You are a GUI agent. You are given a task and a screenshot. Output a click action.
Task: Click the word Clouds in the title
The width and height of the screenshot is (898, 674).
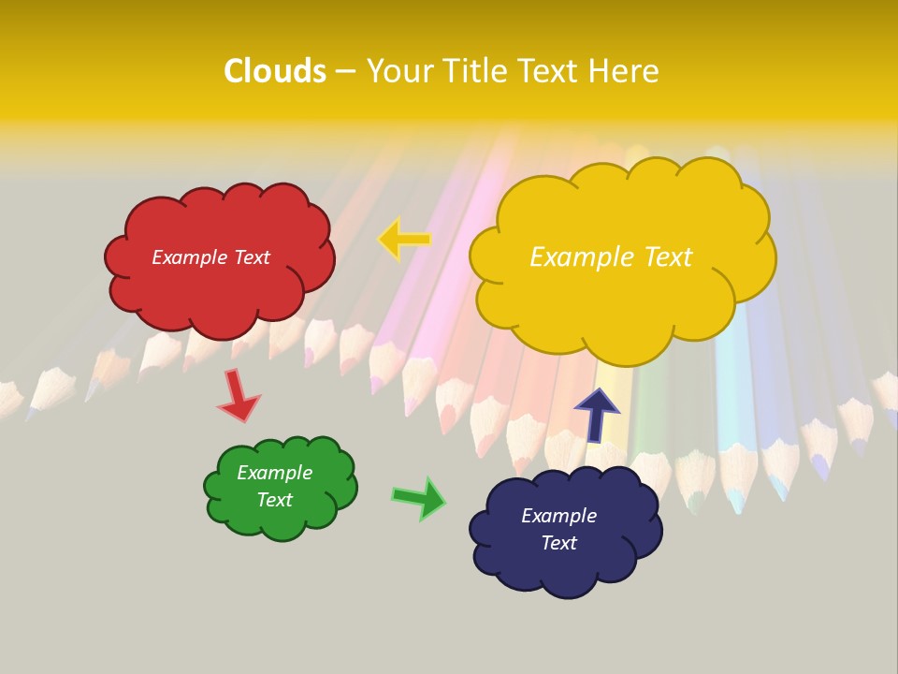tap(275, 71)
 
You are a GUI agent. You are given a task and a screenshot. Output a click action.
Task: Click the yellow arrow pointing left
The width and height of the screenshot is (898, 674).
tap(404, 240)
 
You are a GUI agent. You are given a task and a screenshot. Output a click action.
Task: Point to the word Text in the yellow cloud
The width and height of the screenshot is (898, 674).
tap(662, 257)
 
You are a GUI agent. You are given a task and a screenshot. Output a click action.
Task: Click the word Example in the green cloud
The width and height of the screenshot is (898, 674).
tap(274, 473)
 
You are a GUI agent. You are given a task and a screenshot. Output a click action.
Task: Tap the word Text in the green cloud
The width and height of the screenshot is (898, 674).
tap(274, 500)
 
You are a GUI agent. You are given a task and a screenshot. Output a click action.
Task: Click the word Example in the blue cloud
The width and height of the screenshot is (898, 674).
tap(558, 516)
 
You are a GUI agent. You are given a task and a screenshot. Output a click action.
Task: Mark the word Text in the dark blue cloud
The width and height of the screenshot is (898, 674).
tap(558, 543)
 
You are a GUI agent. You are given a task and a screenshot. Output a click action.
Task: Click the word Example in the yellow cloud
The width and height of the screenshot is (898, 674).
tap(577, 257)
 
